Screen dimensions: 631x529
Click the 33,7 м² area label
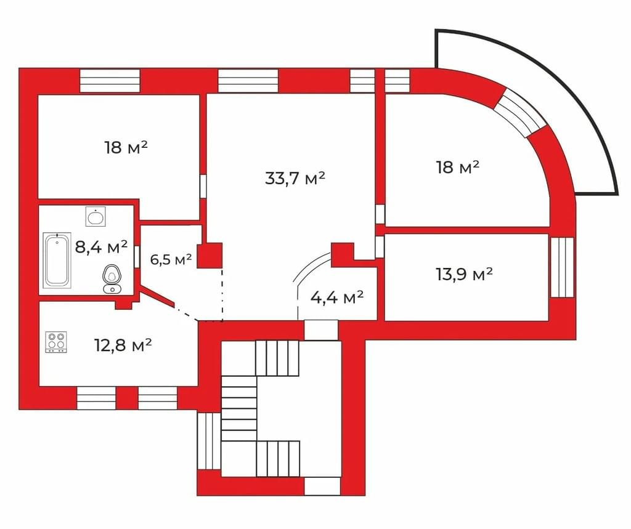295,178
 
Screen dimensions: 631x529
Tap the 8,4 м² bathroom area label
102,246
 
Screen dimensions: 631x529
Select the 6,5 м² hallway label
171,259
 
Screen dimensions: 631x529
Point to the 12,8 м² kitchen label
123,345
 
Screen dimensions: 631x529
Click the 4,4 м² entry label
337,297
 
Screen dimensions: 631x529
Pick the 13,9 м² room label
465,275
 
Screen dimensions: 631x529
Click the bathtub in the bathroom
57,260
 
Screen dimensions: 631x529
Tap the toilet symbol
112,278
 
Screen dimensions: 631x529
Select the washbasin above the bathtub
96,217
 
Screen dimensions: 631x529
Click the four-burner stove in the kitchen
56,342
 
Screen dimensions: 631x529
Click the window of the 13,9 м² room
562,267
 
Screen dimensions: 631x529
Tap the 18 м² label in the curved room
458,167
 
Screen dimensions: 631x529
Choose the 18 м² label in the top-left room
126,147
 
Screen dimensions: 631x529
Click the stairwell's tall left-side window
209,441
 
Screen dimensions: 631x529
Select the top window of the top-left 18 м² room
110,81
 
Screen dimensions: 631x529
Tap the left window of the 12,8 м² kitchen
96,398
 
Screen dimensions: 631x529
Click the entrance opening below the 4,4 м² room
320,330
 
